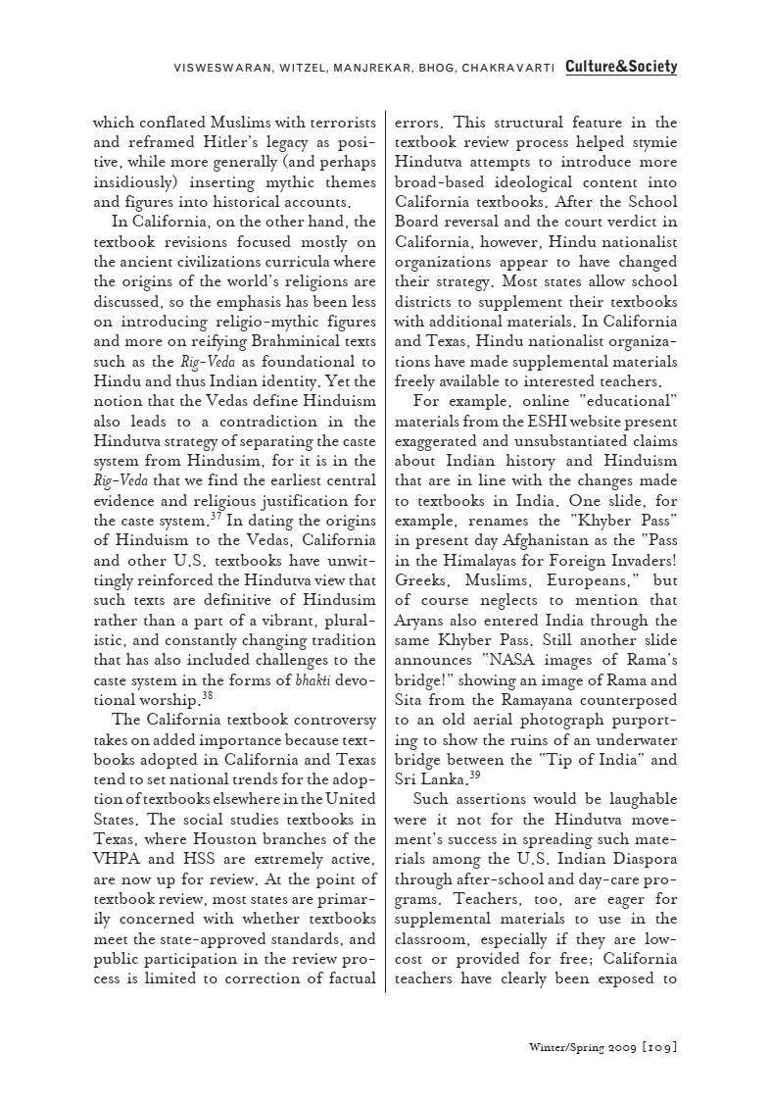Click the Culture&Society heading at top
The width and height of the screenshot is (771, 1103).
pyautogui.click(x=620, y=67)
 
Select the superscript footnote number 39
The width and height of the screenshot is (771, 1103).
pyautogui.click(x=474, y=774)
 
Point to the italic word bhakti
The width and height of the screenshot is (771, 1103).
pyautogui.click(x=313, y=680)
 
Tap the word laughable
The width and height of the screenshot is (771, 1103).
pyautogui.click(x=638, y=799)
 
